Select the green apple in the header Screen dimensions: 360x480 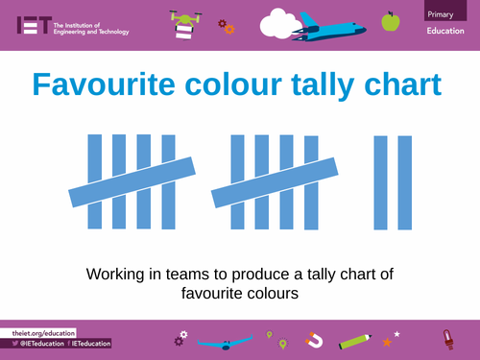point(390,20)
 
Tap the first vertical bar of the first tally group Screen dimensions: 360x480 point(95,182)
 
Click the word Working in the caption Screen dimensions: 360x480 point(118,275)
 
